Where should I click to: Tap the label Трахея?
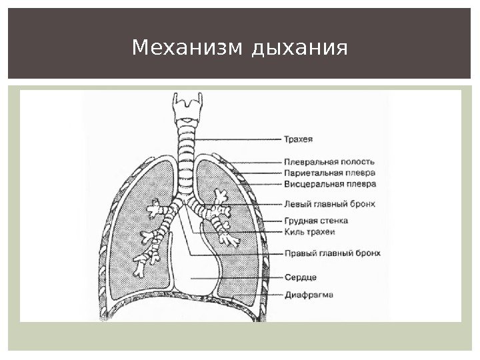299,139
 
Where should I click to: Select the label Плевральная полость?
329,161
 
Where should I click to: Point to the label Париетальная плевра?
329,172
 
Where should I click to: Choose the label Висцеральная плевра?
330,183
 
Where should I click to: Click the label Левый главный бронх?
330,203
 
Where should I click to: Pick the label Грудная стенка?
316,221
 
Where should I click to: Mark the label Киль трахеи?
309,232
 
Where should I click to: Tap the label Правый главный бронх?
333,254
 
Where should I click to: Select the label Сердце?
300,277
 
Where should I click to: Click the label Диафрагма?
309,295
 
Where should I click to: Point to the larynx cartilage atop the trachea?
186,107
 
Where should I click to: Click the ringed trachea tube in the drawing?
186,150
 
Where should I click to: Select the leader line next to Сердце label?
233,277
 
